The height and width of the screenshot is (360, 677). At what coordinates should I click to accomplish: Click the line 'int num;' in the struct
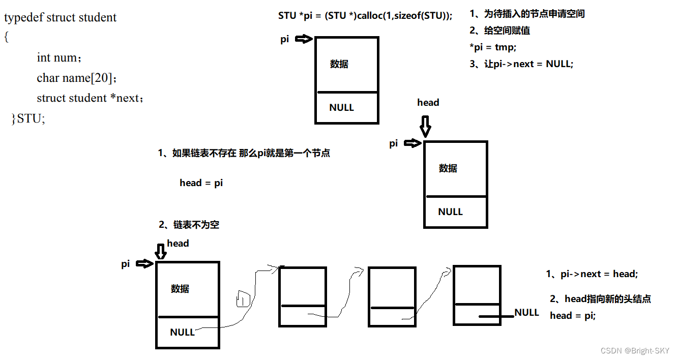click(58, 57)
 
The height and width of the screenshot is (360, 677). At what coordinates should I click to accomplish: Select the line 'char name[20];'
click(77, 78)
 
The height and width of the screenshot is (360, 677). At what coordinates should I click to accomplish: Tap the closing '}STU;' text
click(28, 118)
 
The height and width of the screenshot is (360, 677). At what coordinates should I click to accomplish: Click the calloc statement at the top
click(365, 15)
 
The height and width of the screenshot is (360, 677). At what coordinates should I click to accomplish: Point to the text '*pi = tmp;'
click(492, 47)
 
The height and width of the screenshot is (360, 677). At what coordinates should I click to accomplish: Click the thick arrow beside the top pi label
click(303, 39)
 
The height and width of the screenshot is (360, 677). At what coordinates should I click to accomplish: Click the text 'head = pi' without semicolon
click(201, 183)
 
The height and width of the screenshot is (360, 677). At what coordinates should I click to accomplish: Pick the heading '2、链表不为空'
click(189, 224)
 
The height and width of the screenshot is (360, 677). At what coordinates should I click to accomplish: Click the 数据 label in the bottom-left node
click(180, 289)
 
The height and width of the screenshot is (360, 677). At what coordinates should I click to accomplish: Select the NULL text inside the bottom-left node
click(182, 332)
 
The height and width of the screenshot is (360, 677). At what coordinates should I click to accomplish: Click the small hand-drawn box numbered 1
click(244, 299)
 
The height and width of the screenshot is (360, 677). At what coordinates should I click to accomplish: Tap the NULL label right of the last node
click(526, 312)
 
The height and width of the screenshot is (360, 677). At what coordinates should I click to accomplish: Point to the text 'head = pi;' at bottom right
click(572, 315)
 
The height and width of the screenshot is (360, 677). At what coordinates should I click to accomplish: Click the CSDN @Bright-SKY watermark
click(635, 351)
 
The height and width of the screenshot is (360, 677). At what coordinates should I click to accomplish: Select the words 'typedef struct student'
click(61, 17)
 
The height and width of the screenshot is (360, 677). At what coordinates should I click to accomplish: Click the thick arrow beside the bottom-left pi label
click(144, 263)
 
